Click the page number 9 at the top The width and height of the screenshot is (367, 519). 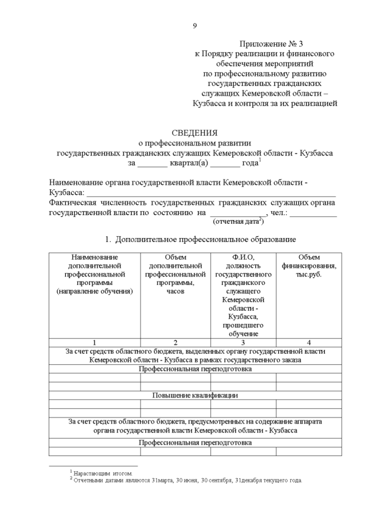(195, 25)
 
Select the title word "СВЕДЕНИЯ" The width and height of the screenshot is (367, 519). (195, 133)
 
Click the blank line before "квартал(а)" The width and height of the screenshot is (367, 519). (153, 165)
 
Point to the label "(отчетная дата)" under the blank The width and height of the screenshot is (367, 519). (238, 220)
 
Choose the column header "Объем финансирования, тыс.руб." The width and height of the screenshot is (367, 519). (309, 266)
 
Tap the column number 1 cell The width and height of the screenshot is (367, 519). (94, 342)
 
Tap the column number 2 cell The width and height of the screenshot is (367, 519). (175, 342)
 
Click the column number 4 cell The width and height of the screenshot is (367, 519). (309, 342)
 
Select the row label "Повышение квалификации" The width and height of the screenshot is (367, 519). (195, 395)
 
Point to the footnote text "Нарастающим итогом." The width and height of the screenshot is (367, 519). (103, 473)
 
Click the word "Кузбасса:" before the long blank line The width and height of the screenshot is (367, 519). (67, 192)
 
